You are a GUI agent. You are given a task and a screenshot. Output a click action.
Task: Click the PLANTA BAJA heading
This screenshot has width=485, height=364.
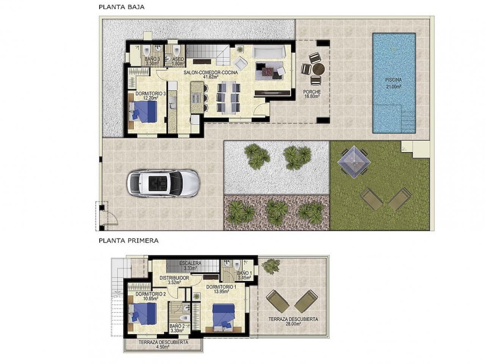click(x=121, y=7)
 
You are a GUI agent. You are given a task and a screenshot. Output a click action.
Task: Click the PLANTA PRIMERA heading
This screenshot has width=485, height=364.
click(x=128, y=240)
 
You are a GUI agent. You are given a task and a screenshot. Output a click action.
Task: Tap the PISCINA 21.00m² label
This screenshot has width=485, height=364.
click(x=393, y=83)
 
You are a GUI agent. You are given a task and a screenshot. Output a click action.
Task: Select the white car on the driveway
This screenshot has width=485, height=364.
click(x=162, y=184)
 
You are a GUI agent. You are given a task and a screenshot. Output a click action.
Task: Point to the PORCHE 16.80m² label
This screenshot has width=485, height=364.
click(x=312, y=94)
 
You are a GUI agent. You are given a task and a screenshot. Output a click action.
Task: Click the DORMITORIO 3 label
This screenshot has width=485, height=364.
click(x=151, y=95)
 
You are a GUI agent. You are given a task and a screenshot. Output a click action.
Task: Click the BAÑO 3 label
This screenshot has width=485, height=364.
click(x=152, y=61)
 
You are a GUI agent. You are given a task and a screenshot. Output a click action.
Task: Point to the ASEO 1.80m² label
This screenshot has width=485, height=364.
click(x=178, y=61)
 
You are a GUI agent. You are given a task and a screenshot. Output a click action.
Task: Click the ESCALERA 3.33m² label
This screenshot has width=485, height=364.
click(x=190, y=265)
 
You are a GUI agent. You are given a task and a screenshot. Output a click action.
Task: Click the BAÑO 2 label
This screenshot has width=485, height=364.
click(x=177, y=328)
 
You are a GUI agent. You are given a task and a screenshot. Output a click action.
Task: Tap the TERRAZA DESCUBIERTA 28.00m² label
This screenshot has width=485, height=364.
click(x=293, y=321)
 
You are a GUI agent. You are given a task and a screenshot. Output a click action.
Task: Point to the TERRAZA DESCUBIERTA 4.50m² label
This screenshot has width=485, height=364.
click(x=163, y=344)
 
